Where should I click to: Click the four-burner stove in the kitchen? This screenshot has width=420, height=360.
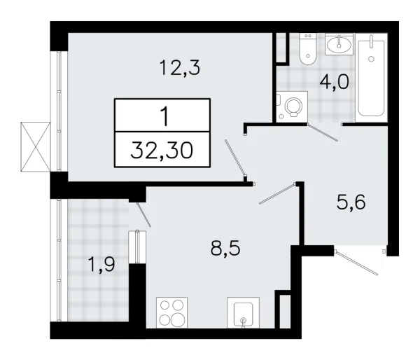pyautogui.click(x=171, y=312)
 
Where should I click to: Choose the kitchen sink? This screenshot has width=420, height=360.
pyautogui.click(x=243, y=312)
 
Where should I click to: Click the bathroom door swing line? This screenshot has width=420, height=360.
pyautogui.click(x=324, y=132)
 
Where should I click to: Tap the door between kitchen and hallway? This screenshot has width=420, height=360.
pyautogui.click(x=278, y=194)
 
